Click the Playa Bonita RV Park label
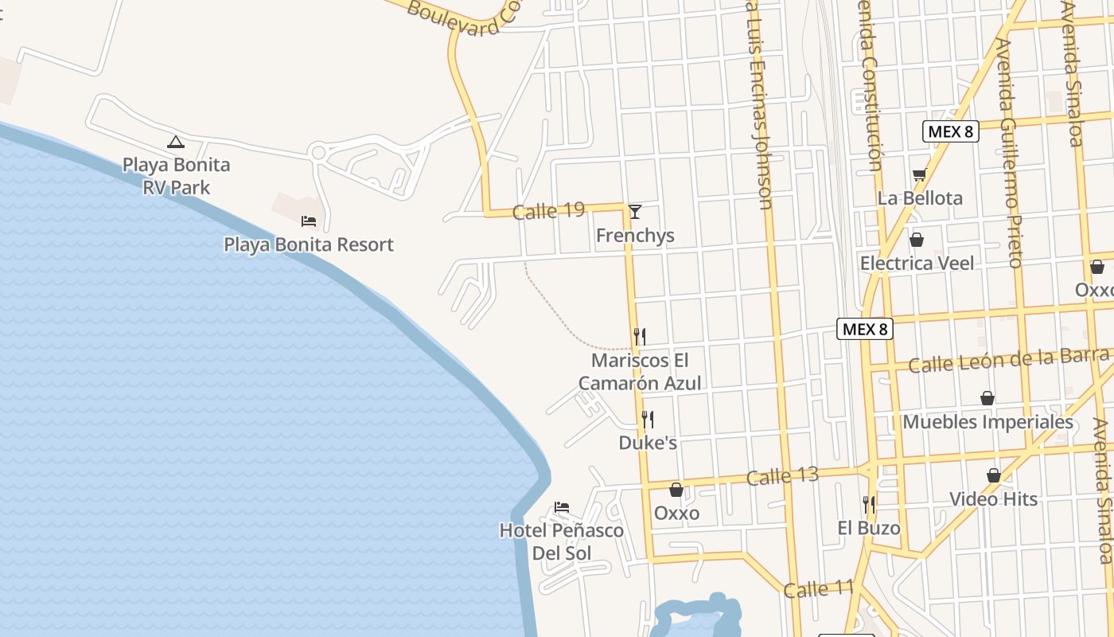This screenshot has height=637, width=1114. pos(176,176)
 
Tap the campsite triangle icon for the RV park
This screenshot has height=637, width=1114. pos(175,143)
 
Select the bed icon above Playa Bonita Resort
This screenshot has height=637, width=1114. pos(309,221)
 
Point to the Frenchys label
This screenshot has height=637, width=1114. pos(635,236)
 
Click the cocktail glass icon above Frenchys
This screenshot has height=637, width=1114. pos(634,212)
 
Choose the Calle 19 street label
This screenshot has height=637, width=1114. pos(548,211)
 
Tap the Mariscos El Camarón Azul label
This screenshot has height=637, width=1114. pos(640,372)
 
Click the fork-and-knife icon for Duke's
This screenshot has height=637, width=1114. pos(648,419)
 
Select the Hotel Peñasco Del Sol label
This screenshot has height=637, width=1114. pos(561,541)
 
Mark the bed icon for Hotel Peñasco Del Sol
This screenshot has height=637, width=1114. pos(562,506)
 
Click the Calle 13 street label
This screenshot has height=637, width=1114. pos(782,477)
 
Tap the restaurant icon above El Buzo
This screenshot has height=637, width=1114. pos(869,504)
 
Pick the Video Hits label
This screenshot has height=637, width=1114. pos(993,499)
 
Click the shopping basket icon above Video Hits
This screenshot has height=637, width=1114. pos(994,475)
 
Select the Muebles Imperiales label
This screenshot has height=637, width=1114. pos(987,422)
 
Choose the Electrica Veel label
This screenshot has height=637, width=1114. pos(917,263)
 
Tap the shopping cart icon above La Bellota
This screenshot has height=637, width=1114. pos(920,174)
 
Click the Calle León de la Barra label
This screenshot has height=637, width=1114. pos(1008,361)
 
